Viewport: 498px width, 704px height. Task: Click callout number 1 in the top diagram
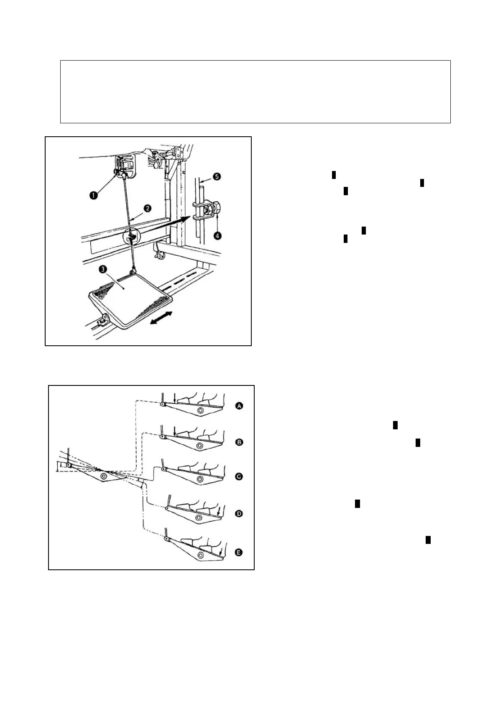pyautogui.click(x=94, y=195)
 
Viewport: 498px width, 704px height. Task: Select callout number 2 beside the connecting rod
pyautogui.click(x=148, y=208)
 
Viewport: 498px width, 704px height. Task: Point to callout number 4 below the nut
pyautogui.click(x=217, y=235)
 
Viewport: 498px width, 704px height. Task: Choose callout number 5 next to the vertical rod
pyautogui.click(x=217, y=176)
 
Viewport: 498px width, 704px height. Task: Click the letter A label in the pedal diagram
pyautogui.click(x=239, y=406)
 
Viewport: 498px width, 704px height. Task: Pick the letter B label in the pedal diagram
pyautogui.click(x=239, y=442)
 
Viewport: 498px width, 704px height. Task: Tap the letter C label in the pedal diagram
pyautogui.click(x=239, y=477)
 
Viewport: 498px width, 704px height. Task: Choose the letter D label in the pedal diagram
pyautogui.click(x=239, y=514)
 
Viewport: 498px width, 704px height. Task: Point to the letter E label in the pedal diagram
pyautogui.click(x=239, y=553)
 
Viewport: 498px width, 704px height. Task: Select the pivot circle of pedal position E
pyautogui.click(x=201, y=555)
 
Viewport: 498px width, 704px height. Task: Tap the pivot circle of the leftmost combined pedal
pyautogui.click(x=104, y=476)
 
